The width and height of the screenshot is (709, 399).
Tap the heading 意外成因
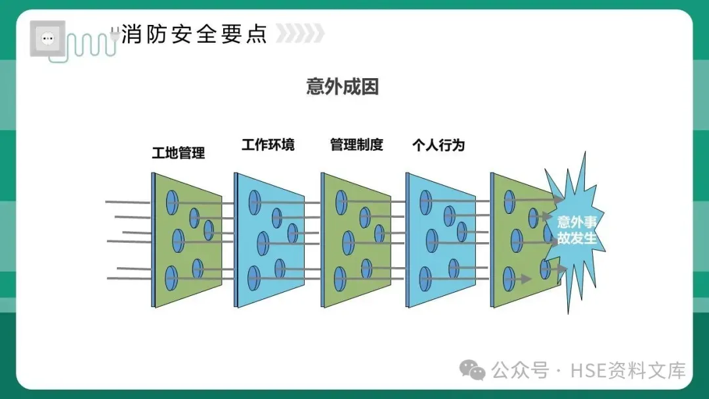click(x=343, y=87)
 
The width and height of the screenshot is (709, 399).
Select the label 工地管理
click(x=179, y=154)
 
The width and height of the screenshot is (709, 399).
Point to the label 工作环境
click(x=268, y=145)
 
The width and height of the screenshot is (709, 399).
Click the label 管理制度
click(x=356, y=145)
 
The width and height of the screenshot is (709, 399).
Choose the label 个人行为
click(x=439, y=145)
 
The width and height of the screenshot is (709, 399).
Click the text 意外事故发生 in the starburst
click(x=576, y=230)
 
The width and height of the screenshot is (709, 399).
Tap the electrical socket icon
click(x=47, y=39)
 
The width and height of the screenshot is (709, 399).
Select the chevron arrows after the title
click(x=299, y=33)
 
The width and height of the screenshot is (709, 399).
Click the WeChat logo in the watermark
click(x=473, y=371)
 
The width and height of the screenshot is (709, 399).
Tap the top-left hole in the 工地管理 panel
click(x=172, y=200)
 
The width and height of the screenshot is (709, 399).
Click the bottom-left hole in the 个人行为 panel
click(x=425, y=279)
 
